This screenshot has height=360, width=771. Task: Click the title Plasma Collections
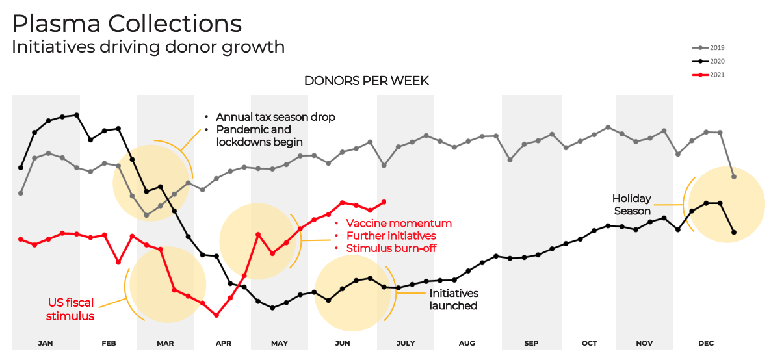tap(127, 24)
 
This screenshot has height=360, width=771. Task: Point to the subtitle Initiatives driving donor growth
tap(148, 47)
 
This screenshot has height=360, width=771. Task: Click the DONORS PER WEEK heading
tap(367, 81)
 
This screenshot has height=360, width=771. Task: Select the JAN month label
tap(46, 342)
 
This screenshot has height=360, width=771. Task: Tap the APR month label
tap(223, 342)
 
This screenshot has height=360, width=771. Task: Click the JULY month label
tap(405, 342)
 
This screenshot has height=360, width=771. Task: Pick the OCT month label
tap(590, 342)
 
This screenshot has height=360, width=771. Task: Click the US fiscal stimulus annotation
tap(71, 309)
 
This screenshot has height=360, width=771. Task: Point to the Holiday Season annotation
tap(631, 205)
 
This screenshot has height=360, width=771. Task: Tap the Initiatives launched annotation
tap(454, 300)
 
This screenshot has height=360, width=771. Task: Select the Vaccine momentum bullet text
tap(399, 223)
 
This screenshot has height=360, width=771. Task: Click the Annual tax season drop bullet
tap(276, 117)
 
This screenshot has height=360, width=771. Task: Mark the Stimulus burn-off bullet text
tap(391, 248)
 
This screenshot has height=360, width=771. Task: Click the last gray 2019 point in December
tap(734, 176)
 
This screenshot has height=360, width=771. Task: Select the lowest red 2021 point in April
tap(216, 315)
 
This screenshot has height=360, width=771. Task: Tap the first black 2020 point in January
tap(21, 167)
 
